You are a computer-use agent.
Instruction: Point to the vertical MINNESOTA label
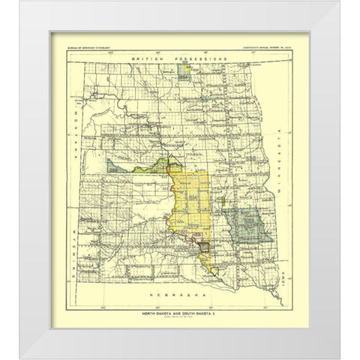tap(276, 172)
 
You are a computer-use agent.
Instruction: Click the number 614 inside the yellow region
tap(193, 196)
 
